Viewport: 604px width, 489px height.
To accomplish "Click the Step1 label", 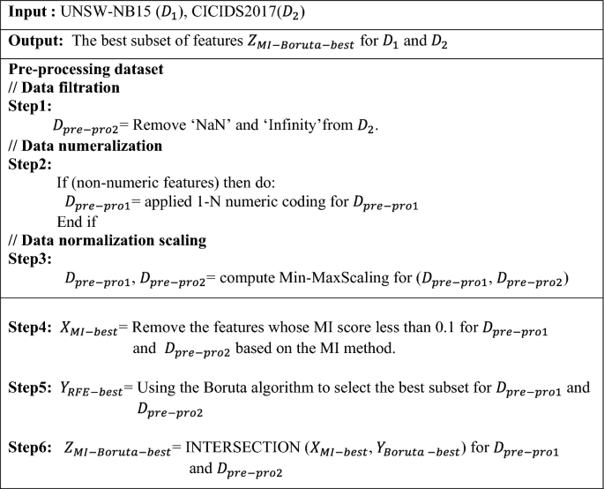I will pos(31,108).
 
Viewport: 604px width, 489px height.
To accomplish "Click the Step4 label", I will pos(29,328).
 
